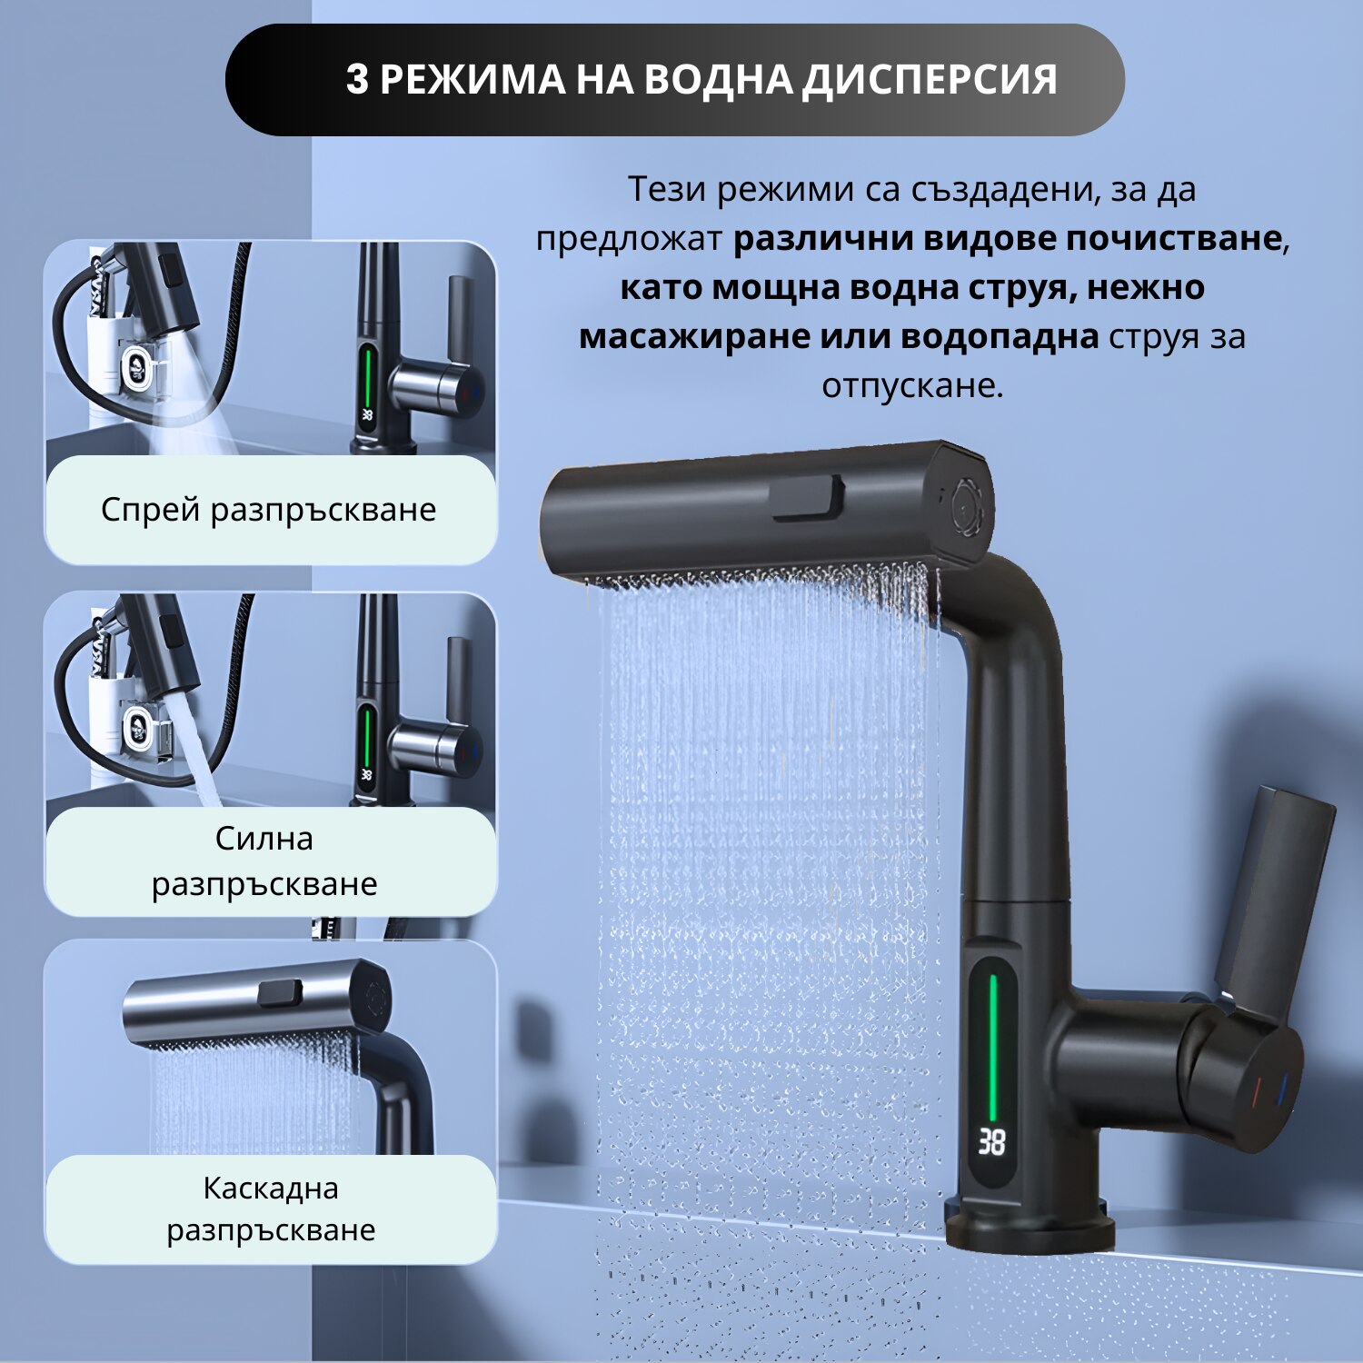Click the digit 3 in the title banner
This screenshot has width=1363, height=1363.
357,80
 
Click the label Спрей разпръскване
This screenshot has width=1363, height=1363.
269,510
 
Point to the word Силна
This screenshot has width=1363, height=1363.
264,838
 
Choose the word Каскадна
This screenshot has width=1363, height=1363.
271,1188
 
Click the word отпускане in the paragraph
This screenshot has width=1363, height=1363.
912,386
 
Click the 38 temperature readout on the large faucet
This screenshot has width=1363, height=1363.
991,1142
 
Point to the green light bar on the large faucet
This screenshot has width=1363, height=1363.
992,1048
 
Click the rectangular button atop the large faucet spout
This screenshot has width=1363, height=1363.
807,498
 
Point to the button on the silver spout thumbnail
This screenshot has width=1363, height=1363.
280,993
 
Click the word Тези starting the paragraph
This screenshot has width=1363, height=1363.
668,189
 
